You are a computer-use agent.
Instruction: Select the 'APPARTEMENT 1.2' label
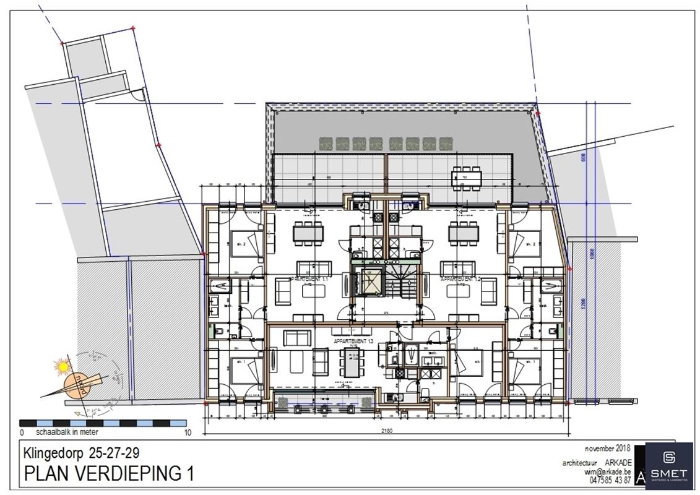(x=460, y=280)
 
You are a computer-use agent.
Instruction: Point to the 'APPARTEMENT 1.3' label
(x=354, y=341)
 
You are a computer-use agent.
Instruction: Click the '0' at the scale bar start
(x=22, y=433)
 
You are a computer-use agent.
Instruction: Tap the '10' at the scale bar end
(x=188, y=433)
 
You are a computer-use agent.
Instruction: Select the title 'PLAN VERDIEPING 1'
(x=108, y=474)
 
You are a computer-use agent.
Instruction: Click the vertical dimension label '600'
(x=582, y=158)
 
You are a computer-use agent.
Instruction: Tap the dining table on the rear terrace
(x=467, y=177)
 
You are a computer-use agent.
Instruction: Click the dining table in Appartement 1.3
(x=353, y=361)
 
